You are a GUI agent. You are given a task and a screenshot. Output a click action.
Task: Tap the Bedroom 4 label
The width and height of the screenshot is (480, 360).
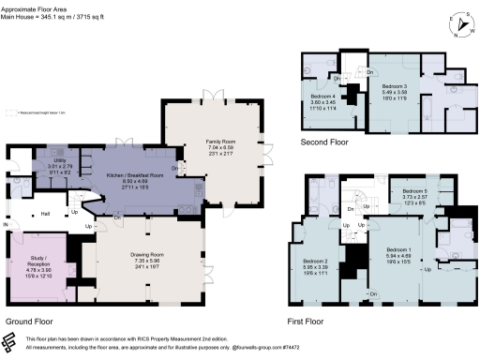pyautogui.click(x=322, y=96)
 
